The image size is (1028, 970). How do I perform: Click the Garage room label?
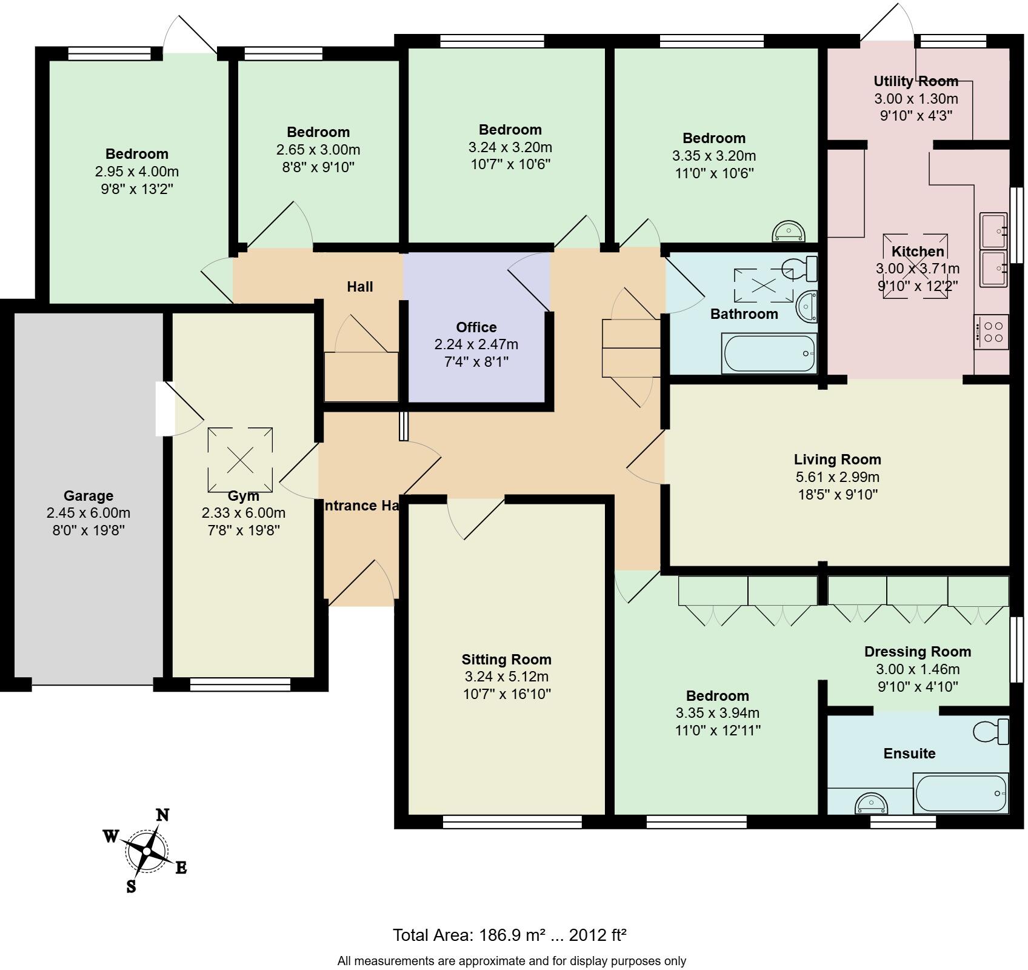coord(88,496)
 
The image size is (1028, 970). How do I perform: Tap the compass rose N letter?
coord(162,815)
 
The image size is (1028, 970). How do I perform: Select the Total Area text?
coord(509,935)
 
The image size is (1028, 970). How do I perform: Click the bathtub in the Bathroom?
coord(769,353)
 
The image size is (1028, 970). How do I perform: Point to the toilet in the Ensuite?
coord(992,731)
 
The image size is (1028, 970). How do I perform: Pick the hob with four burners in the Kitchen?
coord(991,332)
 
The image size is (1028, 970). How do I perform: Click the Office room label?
coord(476,327)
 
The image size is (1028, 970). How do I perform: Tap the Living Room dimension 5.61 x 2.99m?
coord(838,477)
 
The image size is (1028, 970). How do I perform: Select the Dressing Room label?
coord(917,652)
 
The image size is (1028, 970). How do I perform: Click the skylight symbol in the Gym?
coord(240,460)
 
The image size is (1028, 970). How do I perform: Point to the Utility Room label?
coord(916,81)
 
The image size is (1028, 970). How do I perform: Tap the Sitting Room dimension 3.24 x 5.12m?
coord(506,677)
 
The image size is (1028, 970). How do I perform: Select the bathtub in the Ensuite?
coord(960,794)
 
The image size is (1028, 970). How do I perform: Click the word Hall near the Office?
coord(359,287)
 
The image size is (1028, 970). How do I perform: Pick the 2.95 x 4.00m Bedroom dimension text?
coord(137,172)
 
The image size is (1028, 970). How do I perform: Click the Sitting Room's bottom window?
coord(512,821)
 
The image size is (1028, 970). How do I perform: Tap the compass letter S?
coord(131,887)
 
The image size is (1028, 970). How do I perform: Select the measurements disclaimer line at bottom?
coord(512,961)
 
